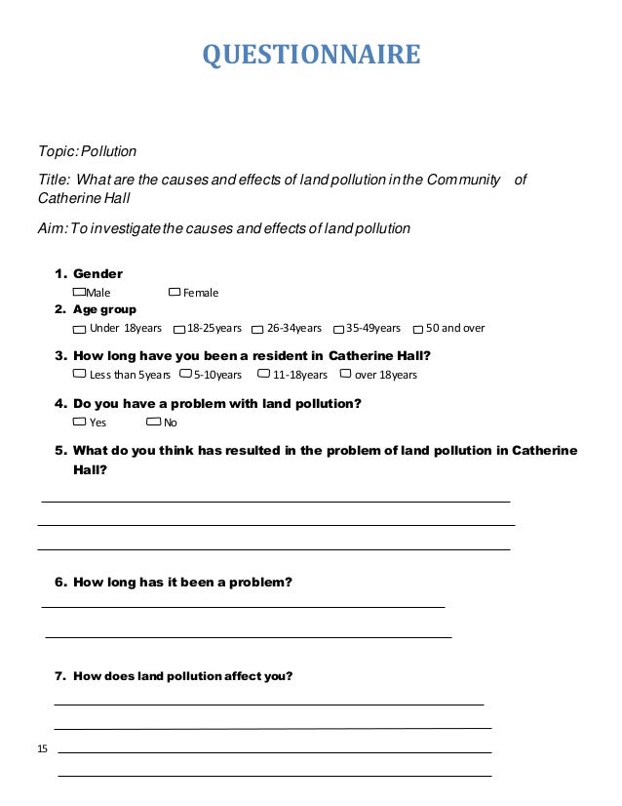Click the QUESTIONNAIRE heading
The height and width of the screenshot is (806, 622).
point(311,56)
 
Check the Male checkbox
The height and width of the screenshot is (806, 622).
point(79,292)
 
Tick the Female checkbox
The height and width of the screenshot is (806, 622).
point(175,292)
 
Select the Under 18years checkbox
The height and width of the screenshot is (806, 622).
point(81,329)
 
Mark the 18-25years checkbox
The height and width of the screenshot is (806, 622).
point(179,329)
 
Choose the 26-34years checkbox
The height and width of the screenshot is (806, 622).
point(257,329)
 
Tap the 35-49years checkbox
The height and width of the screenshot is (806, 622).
point(338,329)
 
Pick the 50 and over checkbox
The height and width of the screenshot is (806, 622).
point(417,329)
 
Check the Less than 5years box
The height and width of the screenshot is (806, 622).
point(79,374)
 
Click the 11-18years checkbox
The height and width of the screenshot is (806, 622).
point(263,374)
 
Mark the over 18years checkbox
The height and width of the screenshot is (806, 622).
point(345,374)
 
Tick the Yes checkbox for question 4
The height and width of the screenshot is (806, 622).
point(79,422)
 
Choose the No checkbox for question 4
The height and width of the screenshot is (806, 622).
point(153,422)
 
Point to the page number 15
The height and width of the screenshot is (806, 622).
point(42,748)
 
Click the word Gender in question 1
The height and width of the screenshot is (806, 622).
point(97,274)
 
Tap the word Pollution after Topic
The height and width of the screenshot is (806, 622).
point(108,151)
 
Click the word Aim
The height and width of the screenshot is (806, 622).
point(50,229)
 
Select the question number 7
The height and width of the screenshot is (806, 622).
point(60,676)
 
